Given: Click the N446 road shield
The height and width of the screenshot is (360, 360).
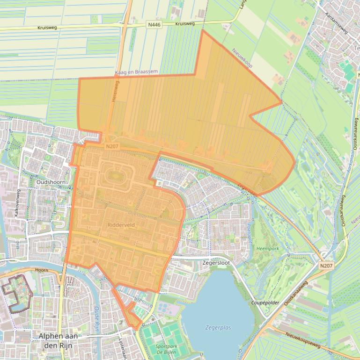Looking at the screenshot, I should [x=154, y=25].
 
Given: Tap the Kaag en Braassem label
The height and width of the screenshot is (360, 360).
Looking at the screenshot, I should [x=136, y=72].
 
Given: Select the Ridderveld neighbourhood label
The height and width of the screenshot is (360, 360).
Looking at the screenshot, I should [x=121, y=225].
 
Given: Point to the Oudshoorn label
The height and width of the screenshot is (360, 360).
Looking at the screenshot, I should [x=51, y=182].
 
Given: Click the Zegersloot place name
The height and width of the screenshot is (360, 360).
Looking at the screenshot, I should [x=216, y=263].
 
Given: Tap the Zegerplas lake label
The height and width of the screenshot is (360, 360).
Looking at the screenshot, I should [x=218, y=328].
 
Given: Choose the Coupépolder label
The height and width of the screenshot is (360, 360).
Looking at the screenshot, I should [x=265, y=303].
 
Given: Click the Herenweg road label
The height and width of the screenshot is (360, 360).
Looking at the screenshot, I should [x=116, y=91].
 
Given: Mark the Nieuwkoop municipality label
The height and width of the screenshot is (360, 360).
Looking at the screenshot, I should [x=242, y=58].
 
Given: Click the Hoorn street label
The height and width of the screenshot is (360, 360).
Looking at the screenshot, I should [x=42, y=270].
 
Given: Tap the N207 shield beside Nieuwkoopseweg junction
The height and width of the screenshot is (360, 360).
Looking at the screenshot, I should [x=326, y=266].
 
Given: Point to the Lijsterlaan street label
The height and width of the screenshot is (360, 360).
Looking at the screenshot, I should [x=123, y=349].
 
